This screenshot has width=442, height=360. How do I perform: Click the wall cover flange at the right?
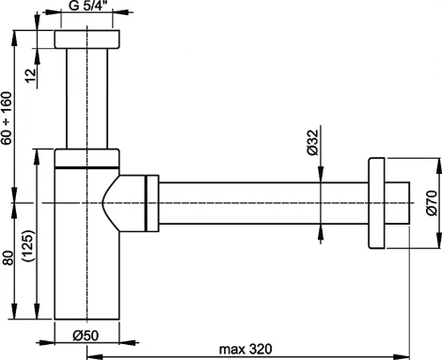pyautogui.click(x=378, y=202)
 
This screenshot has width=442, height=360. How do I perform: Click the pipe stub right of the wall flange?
pyautogui.click(x=399, y=202)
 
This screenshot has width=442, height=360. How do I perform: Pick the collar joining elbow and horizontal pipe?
pyautogui.click(x=150, y=202)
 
